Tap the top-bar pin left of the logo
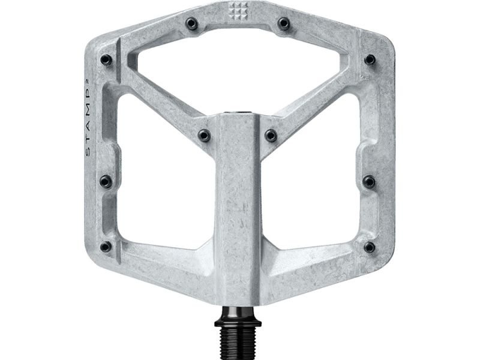tap(192, 24)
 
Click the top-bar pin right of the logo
tap(284, 24)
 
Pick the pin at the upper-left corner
tap(107, 59)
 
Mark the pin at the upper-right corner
tap(370, 59)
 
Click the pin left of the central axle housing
tap(204, 135)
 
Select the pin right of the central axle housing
tap(271, 135)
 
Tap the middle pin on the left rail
tap(106, 181)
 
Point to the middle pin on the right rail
tap(370, 181)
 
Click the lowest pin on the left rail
tap(106, 247)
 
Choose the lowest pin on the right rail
tap(370, 247)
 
